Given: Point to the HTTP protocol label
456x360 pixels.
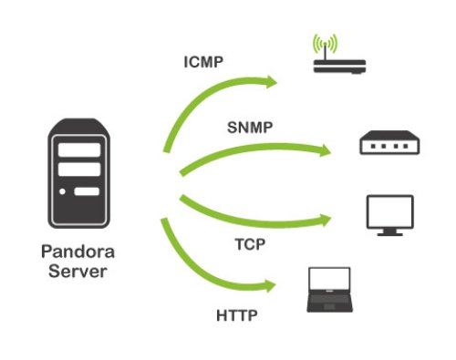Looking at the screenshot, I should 236,316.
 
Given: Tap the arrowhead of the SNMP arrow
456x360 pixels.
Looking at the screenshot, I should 326,149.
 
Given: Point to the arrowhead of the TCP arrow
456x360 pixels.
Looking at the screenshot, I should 326,216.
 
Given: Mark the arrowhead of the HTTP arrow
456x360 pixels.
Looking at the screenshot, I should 271,287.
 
